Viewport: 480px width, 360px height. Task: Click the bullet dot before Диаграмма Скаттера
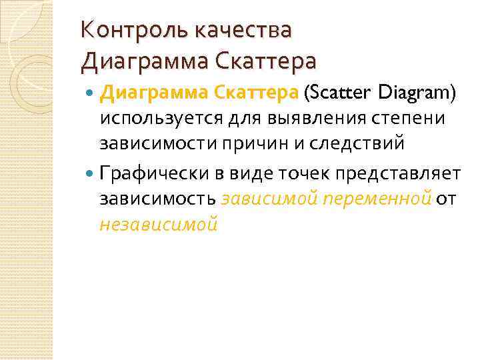pos(92,95)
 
